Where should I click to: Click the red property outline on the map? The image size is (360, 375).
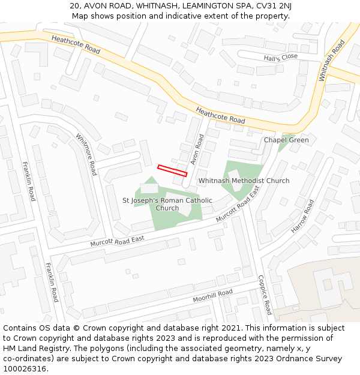172,170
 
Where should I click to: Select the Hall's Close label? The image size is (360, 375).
280,57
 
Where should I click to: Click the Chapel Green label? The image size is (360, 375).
286,140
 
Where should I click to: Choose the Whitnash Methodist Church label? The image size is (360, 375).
244,181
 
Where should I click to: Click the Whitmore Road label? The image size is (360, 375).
86,154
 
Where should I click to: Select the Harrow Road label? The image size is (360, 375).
302,217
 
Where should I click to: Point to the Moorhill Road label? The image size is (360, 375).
212,296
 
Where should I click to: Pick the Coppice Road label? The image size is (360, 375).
265,295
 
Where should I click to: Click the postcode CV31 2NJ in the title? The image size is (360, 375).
277,6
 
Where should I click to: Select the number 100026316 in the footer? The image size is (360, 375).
25,368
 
